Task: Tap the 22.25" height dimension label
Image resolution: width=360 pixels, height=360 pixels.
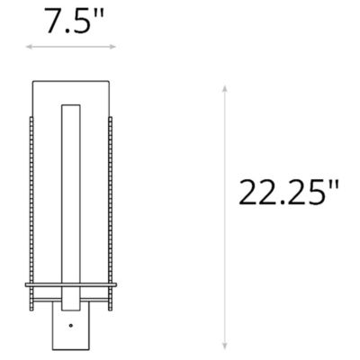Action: pos(289,193)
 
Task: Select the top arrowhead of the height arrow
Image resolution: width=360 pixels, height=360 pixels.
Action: pos(224,88)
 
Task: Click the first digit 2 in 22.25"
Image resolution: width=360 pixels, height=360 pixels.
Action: pos(248,193)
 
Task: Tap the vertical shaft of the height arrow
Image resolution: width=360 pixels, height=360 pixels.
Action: pos(224,216)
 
